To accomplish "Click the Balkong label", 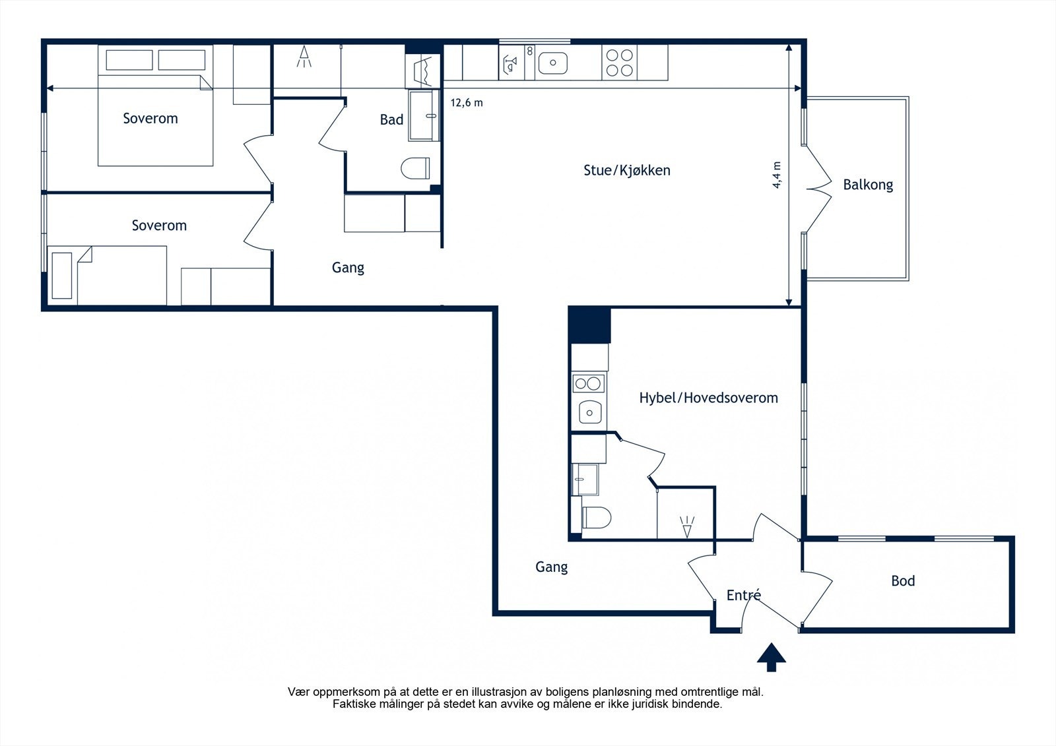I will (867, 185).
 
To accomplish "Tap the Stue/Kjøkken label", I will (626, 170).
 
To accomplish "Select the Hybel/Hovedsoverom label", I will (708, 398).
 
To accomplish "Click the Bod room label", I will (902, 581).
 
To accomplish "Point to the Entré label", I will (743, 595).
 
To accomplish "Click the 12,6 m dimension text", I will (467, 103).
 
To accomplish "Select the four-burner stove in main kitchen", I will (619, 63).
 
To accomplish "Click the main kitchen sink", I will (552, 63).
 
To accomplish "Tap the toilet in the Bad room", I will (415, 168).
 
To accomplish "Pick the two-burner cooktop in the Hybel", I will (589, 383).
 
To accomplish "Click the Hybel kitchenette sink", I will (589, 413).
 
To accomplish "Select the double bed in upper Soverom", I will (155, 119).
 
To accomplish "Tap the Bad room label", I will (391, 120).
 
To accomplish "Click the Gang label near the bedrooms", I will (348, 268).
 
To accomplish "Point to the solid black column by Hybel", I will (589, 325).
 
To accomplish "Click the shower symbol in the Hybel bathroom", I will (687, 526).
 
